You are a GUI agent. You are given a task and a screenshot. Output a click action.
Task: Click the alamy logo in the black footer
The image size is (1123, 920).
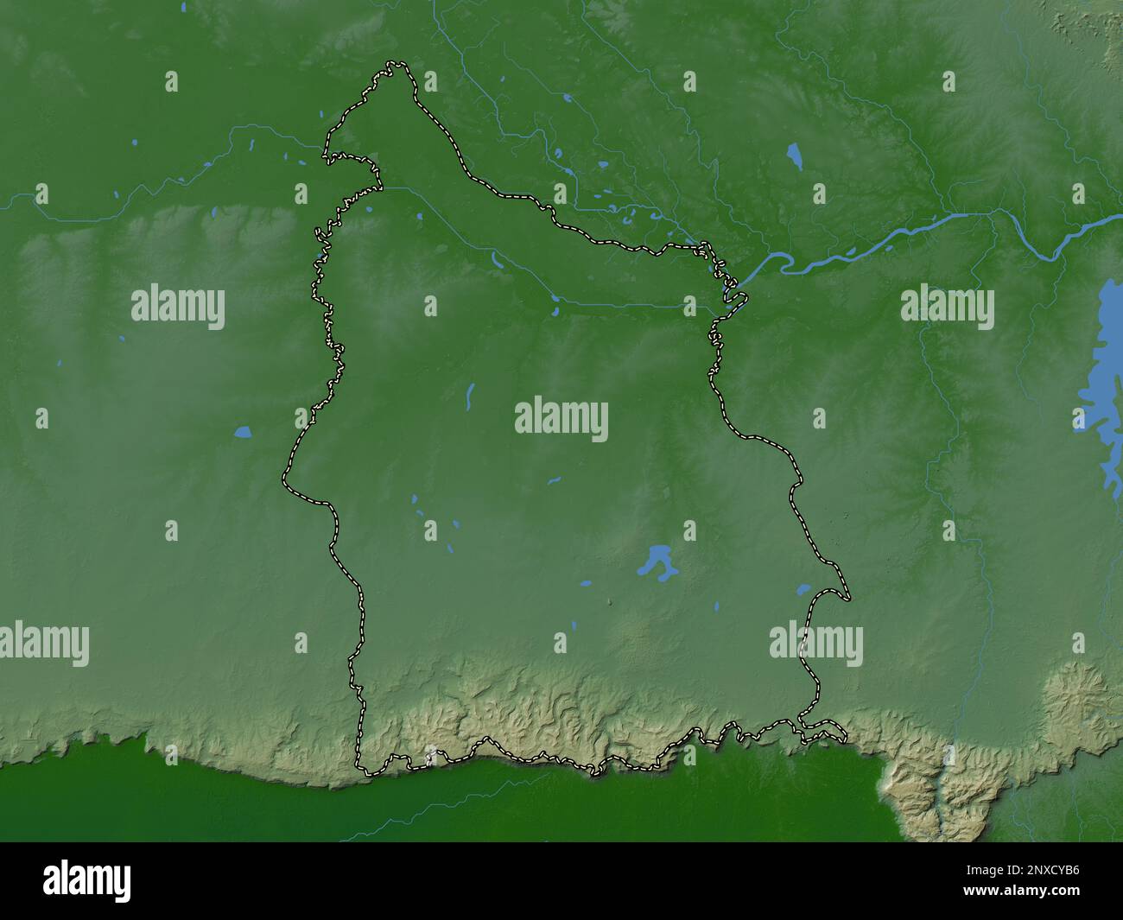87,879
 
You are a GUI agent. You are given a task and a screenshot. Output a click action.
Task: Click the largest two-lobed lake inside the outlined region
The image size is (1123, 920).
657,561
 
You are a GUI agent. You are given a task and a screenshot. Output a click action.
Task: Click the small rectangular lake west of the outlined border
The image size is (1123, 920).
242,430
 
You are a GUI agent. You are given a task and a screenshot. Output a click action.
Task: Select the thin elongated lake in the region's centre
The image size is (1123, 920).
470,396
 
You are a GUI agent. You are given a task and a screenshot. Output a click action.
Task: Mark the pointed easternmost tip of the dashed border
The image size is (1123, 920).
848,598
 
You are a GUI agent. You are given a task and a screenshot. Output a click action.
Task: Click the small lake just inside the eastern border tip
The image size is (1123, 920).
803,590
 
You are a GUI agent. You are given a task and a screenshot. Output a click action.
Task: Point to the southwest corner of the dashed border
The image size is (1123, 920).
363,771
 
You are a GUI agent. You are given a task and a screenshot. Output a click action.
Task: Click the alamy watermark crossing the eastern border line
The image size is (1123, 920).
815,644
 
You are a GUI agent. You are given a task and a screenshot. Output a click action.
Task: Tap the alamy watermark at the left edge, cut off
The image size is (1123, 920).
43,644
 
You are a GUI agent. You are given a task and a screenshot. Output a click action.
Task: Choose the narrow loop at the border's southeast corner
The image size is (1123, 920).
825,735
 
